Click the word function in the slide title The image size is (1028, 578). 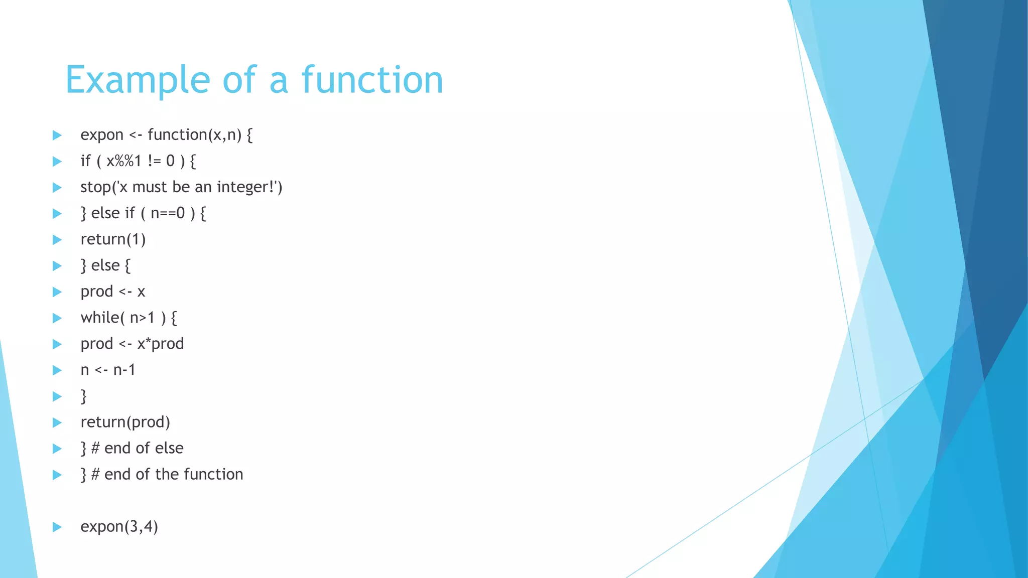coord(372,80)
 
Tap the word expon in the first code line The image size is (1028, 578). coord(101,135)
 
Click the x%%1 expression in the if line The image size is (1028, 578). coord(123,161)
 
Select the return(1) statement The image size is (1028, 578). coord(113,239)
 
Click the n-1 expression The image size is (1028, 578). coord(124,370)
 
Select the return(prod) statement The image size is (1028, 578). coord(125,422)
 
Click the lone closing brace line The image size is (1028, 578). coord(84,396)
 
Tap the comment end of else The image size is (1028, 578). coord(144,448)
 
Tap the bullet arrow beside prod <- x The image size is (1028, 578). coord(57,292)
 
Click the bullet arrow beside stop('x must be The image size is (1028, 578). coord(57,188)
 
